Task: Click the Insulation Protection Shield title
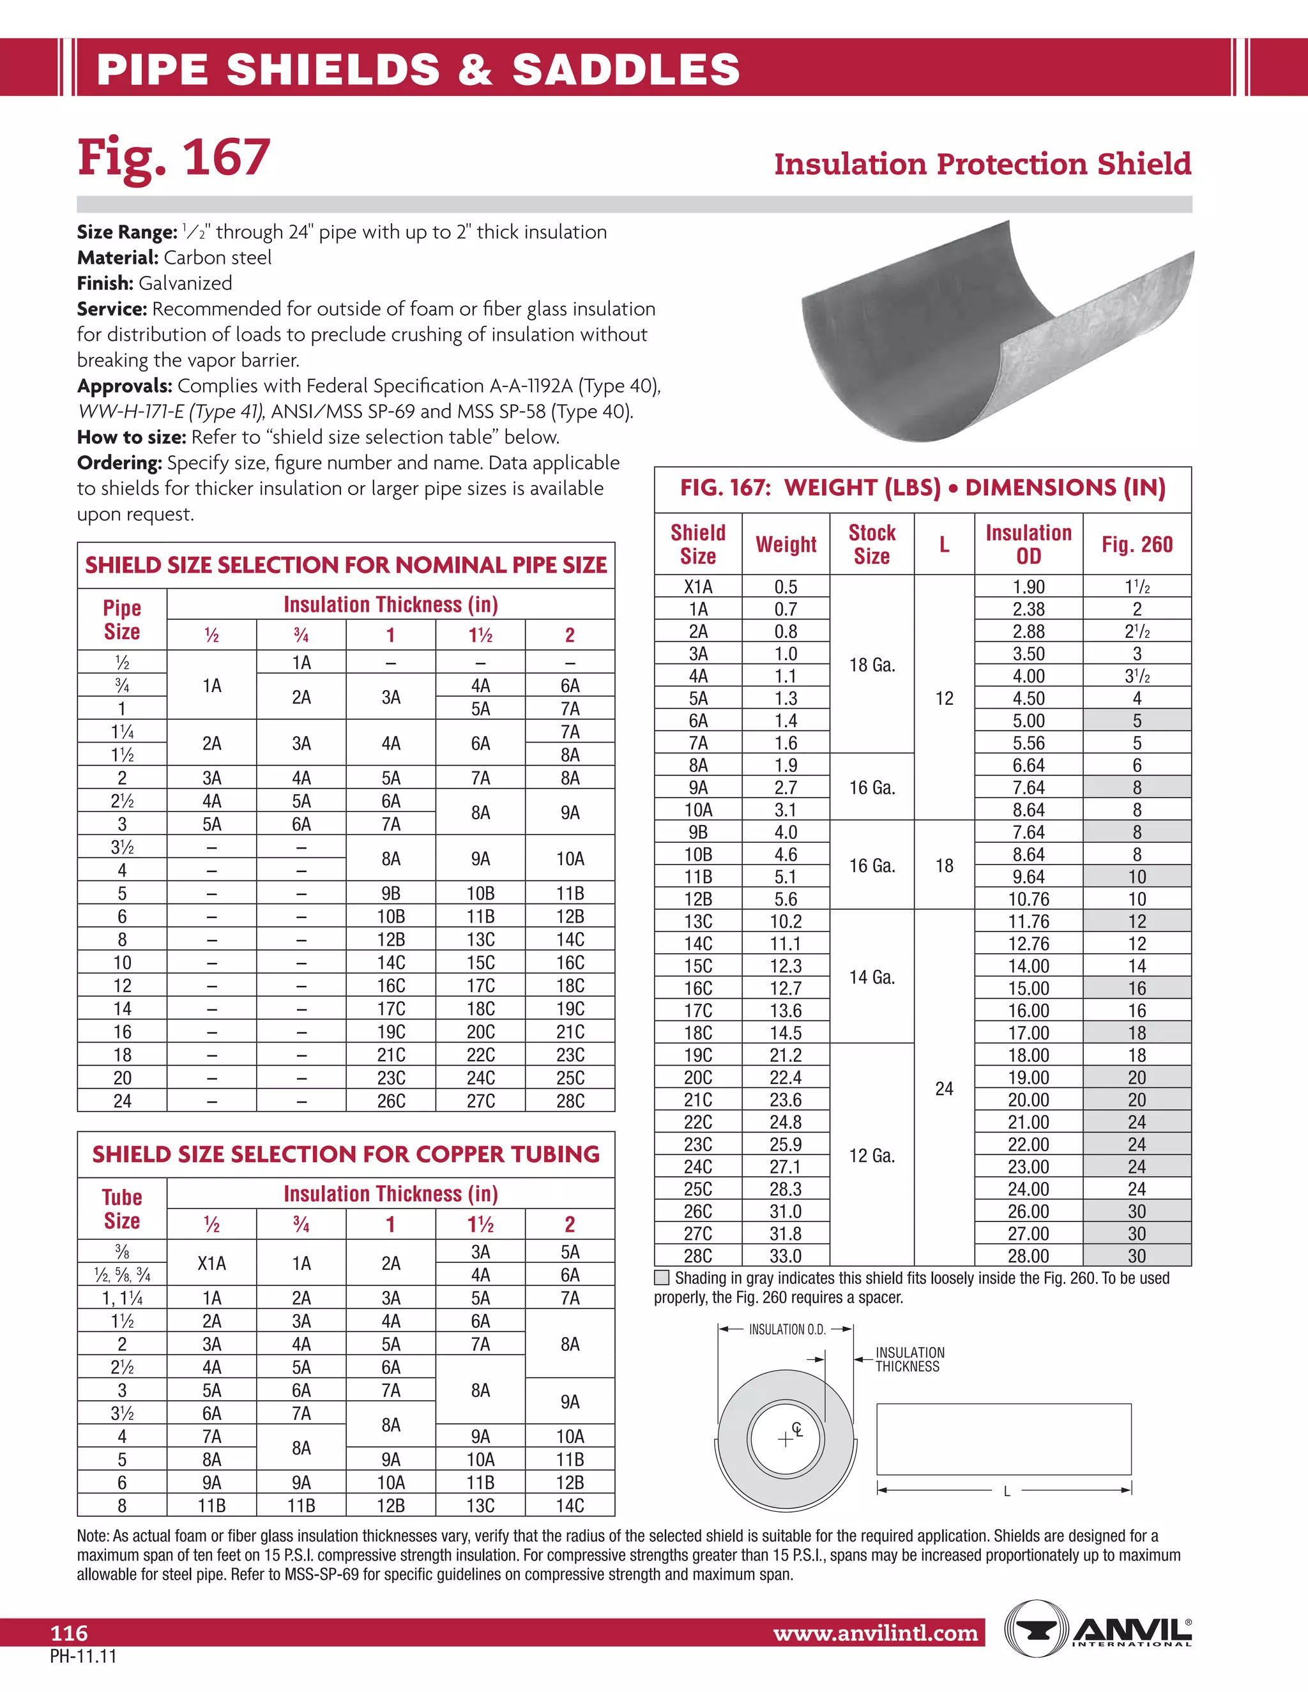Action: [x=982, y=164]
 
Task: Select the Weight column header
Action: [x=786, y=545]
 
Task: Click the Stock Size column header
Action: [x=872, y=545]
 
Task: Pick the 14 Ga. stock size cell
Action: [x=872, y=977]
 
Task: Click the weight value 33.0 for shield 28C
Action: [x=786, y=1256]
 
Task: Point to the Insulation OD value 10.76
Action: [x=1028, y=899]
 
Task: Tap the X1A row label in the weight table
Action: [x=698, y=587]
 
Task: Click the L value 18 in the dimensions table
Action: [x=944, y=865]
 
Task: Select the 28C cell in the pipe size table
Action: [x=570, y=1101]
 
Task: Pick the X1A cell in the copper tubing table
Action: [x=211, y=1264]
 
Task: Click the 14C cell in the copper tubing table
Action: [x=570, y=1506]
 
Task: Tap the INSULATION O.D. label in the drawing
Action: [x=786, y=1329]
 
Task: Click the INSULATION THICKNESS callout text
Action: [x=909, y=1359]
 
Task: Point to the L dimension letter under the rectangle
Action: [x=1007, y=1492]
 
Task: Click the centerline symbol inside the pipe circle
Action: [x=796, y=1430]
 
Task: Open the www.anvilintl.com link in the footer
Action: [x=876, y=1634]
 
